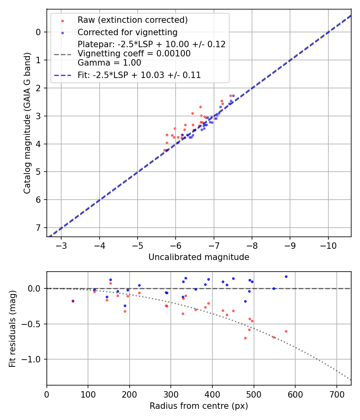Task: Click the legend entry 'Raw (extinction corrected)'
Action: coord(132,20)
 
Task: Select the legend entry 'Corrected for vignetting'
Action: coord(127,32)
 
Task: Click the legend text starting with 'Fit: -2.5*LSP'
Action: coord(139,75)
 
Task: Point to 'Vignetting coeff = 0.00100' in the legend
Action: coord(134,54)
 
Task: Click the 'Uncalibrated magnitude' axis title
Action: coord(199,257)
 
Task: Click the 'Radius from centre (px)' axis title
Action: coord(199,406)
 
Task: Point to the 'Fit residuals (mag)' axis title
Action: coord(13,328)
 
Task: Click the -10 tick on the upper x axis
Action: coord(328,244)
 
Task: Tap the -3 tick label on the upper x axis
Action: coord(62,244)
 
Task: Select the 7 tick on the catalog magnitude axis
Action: coord(39,228)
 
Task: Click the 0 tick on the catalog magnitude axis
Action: coord(39,32)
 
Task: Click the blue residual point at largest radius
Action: coord(286,276)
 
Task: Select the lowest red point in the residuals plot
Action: coord(245,338)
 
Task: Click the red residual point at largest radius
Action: coord(286,331)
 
